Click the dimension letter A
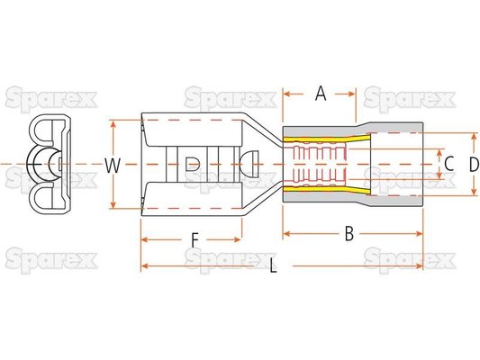tap(321, 94)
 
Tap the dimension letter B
tap(349, 234)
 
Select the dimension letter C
tap(448, 164)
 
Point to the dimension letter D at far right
tap(475, 164)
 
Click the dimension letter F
tap(195, 239)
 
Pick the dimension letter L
tap(274, 265)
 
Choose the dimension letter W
tap(113, 166)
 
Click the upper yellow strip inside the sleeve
tap(327, 139)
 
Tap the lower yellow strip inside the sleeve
tap(327, 190)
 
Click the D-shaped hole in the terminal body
tap(193, 164)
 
